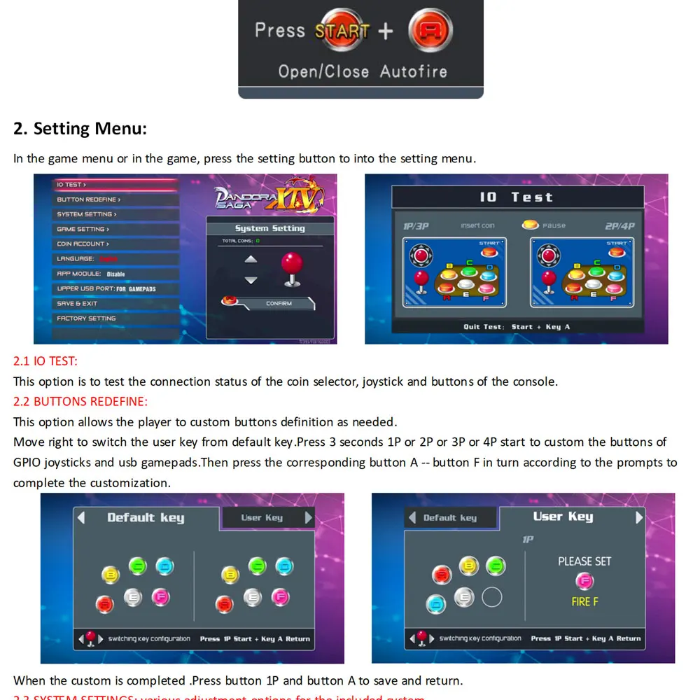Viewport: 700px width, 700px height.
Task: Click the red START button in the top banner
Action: [342, 31]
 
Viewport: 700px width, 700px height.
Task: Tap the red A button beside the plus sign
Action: [430, 31]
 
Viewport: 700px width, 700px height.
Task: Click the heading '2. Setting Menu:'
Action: [80, 129]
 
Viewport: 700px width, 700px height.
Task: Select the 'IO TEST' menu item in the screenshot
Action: [71, 185]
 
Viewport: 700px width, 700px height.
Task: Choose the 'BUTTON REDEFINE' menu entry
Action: [89, 199]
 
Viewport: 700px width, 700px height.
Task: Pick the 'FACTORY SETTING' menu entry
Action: [86, 318]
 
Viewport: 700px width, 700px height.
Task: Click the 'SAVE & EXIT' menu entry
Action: [77, 304]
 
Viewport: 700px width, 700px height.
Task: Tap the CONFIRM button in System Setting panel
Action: [279, 304]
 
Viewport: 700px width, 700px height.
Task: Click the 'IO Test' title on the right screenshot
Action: [516, 197]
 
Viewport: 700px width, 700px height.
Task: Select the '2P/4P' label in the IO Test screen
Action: [619, 226]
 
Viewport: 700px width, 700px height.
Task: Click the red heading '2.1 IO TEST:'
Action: [45, 361]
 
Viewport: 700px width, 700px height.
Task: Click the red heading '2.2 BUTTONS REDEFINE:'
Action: [80, 402]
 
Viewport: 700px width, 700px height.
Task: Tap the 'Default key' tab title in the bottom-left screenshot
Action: [146, 518]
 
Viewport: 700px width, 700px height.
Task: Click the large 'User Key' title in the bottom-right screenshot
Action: [563, 517]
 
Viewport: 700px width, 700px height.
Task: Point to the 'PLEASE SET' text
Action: [584, 561]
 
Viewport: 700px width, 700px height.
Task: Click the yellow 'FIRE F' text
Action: [584, 602]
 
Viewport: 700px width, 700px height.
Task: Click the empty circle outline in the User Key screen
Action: [492, 597]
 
